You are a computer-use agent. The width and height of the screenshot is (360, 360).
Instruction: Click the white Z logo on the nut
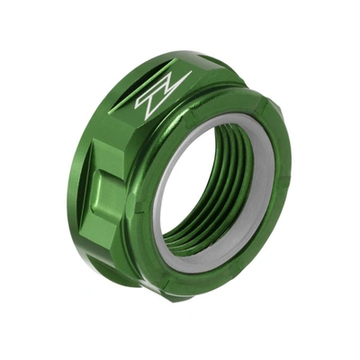(163, 91)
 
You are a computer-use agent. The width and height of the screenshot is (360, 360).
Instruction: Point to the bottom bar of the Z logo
(155, 103)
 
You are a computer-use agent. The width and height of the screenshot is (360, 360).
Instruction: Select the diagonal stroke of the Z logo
(163, 92)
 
